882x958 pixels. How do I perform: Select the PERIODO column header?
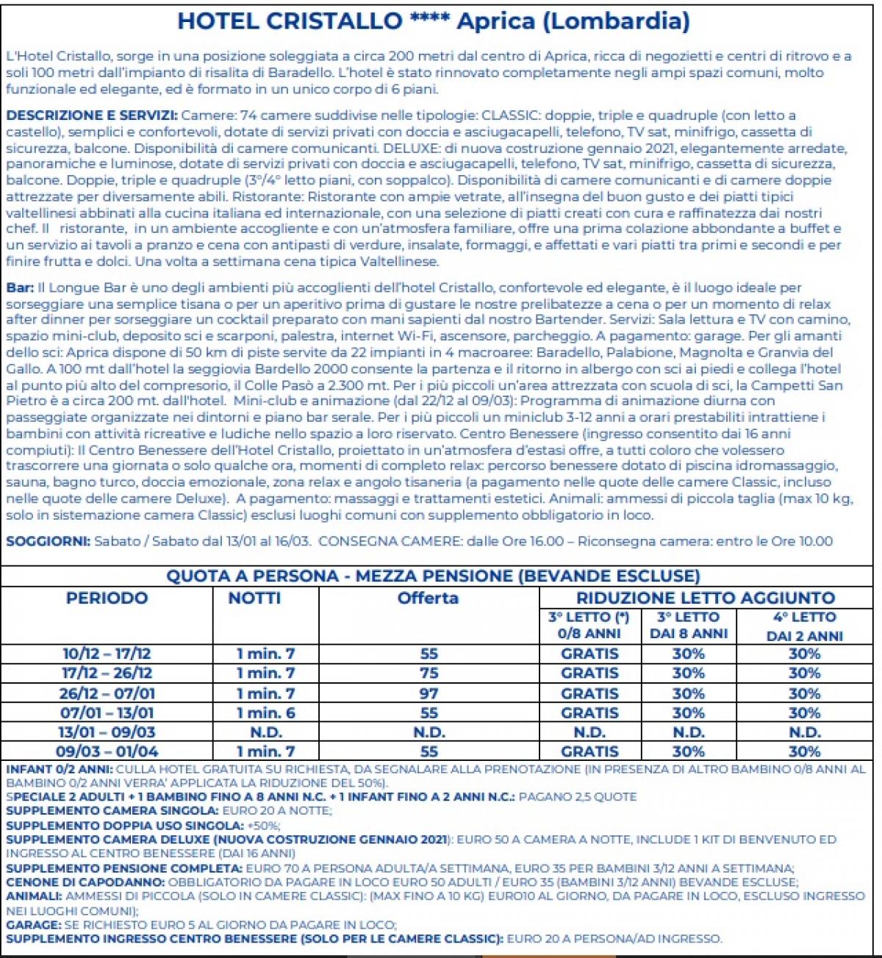[x=107, y=598]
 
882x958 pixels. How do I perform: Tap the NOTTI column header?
[x=254, y=598]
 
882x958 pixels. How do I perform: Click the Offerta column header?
[x=428, y=598]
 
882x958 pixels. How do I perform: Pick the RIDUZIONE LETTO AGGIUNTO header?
[x=705, y=598]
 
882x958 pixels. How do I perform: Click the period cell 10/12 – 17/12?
[x=107, y=654]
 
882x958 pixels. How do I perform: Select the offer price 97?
[x=429, y=693]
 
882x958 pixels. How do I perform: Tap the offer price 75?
[x=429, y=673]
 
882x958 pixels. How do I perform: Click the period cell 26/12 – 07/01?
[x=107, y=693]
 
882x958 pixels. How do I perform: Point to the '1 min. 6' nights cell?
[x=265, y=713]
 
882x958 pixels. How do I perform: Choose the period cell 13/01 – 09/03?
[x=107, y=732]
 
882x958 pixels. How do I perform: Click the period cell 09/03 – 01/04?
[x=107, y=751]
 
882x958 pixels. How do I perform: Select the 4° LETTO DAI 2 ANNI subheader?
[x=804, y=626]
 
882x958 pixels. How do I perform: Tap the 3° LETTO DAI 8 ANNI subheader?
[x=688, y=626]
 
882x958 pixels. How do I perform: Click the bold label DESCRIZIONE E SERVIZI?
[x=92, y=115]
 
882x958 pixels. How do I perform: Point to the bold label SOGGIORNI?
[x=49, y=542]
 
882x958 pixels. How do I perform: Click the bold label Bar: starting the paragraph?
[x=20, y=287]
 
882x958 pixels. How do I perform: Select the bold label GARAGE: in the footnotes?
[x=33, y=925]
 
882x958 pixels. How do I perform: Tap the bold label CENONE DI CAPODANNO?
[x=85, y=882]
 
